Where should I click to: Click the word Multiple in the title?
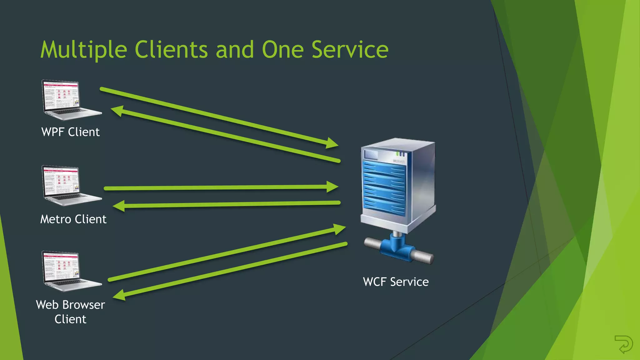[x=84, y=50]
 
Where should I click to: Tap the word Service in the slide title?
[x=350, y=50]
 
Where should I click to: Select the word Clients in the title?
[x=171, y=50]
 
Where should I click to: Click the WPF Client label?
[x=70, y=132]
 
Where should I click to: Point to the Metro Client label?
[x=73, y=219]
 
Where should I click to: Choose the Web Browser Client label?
[x=70, y=312]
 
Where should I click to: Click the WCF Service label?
[x=396, y=282]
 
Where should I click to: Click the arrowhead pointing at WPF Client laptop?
[x=117, y=111]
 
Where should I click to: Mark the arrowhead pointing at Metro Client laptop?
[x=119, y=206]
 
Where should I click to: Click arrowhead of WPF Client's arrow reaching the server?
[x=332, y=143]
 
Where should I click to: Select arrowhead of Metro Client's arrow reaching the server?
[x=332, y=187]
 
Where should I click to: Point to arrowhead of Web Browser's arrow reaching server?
[x=339, y=229]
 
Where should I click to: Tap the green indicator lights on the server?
[x=401, y=154]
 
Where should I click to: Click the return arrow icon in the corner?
[x=623, y=344]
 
